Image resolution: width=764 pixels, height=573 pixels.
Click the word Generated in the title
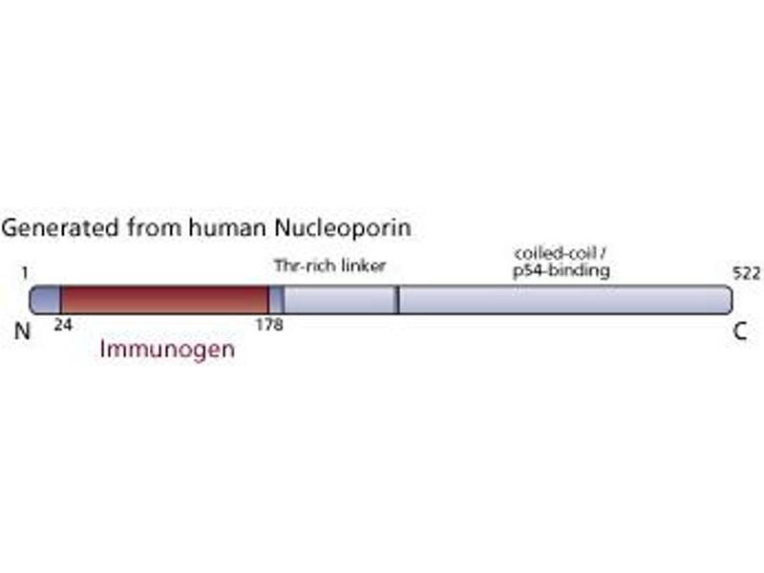coord(60,228)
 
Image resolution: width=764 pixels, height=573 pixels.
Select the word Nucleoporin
coord(343,228)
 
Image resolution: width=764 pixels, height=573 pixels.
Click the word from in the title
coord(154,227)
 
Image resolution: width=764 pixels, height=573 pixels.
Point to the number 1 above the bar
coord(25,273)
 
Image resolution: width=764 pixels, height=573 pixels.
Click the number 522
coord(747,273)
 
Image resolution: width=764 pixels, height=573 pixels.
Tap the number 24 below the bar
coord(63,325)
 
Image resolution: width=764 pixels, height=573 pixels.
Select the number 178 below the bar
coord(269,325)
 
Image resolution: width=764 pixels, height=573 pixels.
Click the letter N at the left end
coord(22,331)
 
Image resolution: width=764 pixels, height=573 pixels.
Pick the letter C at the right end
coord(740,331)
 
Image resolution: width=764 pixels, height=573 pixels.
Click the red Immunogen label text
coord(167,350)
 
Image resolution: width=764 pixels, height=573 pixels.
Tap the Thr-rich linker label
coord(329,266)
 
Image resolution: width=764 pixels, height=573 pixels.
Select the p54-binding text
coord(562,270)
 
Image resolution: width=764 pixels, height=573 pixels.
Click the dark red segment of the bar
coord(164,300)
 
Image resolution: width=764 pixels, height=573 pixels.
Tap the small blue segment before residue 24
coord(45,300)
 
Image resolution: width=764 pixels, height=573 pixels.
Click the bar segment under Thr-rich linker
coord(340,300)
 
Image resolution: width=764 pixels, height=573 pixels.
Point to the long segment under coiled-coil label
coord(565,300)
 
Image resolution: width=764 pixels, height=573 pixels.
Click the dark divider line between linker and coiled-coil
coord(397,300)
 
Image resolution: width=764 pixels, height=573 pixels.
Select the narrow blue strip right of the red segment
coord(276,300)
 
